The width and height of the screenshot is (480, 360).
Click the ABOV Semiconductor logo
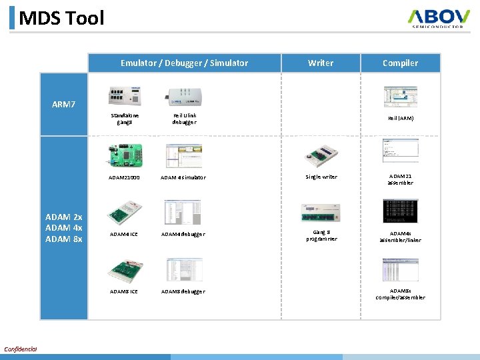[440, 18]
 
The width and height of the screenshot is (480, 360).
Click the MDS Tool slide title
[61, 18]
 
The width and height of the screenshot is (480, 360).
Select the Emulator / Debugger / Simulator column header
[184, 63]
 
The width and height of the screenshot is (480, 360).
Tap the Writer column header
[321, 63]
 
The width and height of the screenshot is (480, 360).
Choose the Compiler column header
[400, 63]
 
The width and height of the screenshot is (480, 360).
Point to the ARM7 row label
[64, 104]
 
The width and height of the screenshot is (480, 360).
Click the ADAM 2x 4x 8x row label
[63, 228]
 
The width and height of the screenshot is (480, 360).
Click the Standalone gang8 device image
[125, 97]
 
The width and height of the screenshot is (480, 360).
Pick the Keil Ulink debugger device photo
[184, 97]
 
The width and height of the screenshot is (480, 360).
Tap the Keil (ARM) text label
[401, 119]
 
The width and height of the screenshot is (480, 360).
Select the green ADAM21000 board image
[125, 155]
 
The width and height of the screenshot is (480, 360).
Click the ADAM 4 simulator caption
[183, 177]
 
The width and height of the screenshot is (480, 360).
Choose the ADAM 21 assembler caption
[401, 179]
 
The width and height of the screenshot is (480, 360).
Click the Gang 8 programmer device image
[321, 213]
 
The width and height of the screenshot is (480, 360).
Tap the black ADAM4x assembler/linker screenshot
[400, 211]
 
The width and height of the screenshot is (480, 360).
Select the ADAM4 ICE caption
[124, 234]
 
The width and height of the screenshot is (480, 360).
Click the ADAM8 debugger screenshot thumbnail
[184, 269]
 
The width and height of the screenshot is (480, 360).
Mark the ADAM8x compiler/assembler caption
[401, 294]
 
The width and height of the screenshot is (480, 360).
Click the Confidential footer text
[20, 349]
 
